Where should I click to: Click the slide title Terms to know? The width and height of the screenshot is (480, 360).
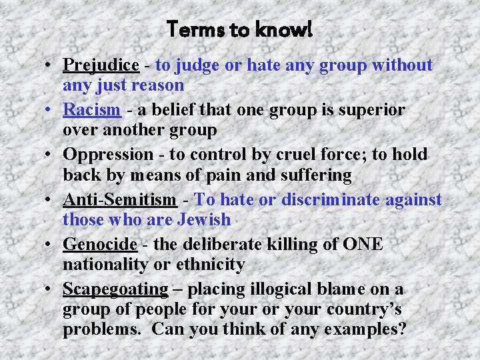pyautogui.click(x=239, y=29)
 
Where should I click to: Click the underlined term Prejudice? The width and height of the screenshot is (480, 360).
pyautogui.click(x=101, y=65)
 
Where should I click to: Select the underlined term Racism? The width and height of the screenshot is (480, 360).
pyautogui.click(x=91, y=110)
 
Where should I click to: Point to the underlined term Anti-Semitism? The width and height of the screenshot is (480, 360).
pyautogui.click(x=119, y=199)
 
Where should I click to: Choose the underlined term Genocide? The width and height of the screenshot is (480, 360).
pyautogui.click(x=99, y=244)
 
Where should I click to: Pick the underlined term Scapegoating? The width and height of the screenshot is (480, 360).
pyautogui.click(x=115, y=289)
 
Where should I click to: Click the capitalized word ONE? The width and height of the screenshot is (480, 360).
pyautogui.click(x=363, y=244)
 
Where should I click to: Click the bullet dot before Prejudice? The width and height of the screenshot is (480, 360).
pyautogui.click(x=50, y=66)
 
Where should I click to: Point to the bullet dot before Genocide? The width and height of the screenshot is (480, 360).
pyautogui.click(x=50, y=245)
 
